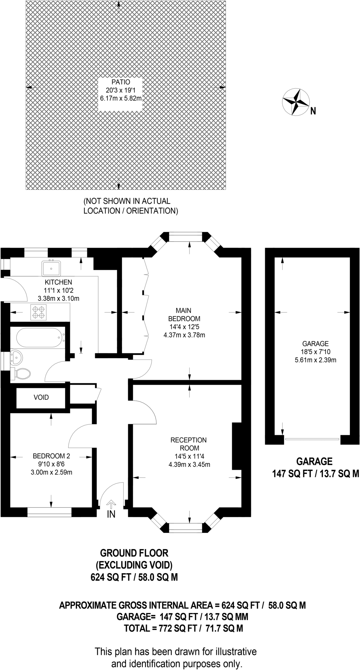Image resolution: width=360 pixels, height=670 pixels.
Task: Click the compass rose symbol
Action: coord(296,102)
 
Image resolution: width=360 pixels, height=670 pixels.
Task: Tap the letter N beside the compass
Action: coord(313,112)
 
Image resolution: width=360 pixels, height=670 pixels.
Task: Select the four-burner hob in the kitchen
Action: coord(39,312)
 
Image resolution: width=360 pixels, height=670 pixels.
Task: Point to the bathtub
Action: coord(39,338)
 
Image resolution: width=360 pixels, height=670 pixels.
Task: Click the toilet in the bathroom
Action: coord(21,373)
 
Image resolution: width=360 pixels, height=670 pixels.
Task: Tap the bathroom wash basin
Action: coord(16,358)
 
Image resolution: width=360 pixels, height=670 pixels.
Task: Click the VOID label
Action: coord(41,397)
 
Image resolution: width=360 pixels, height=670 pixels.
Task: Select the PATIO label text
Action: coord(120,82)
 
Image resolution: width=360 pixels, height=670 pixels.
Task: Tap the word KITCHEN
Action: coord(59,282)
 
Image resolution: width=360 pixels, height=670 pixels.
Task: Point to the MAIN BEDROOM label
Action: coord(184,314)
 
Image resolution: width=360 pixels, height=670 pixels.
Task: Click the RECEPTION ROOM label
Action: coord(189,444)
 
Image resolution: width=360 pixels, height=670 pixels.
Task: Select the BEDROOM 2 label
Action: coord(51,456)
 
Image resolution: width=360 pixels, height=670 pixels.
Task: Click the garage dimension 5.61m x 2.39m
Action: coord(315,360)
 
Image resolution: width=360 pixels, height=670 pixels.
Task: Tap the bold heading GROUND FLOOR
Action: coord(134,553)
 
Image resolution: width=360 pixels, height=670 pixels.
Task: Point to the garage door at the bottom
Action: coord(312,439)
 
